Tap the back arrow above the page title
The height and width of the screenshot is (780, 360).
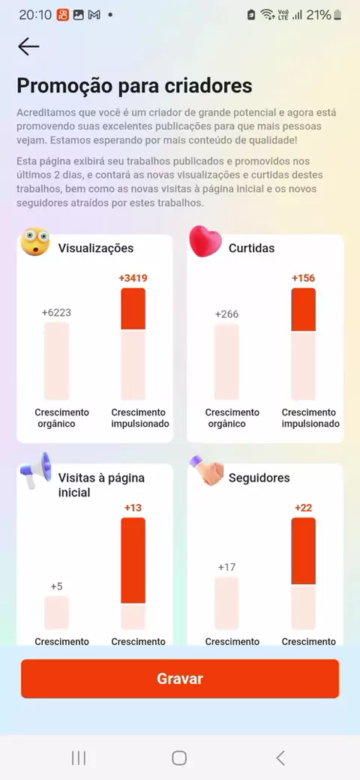pyautogui.click(x=28, y=46)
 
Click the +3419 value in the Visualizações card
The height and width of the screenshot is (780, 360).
pyautogui.click(x=133, y=278)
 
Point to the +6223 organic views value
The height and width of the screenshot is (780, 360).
pyautogui.click(x=56, y=313)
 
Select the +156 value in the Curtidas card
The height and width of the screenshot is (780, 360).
pyautogui.click(x=303, y=278)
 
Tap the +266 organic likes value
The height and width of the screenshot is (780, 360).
pyautogui.click(x=226, y=314)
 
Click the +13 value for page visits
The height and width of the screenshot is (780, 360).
pyautogui.click(x=133, y=508)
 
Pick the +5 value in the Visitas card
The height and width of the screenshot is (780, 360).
pyautogui.click(x=57, y=586)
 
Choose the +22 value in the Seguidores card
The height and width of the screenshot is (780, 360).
pyautogui.click(x=303, y=508)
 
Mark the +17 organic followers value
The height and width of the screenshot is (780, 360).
pyautogui.click(x=226, y=567)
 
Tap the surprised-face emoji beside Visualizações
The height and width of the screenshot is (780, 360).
pyautogui.click(x=34, y=241)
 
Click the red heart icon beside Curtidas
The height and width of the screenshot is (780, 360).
pyautogui.click(x=205, y=241)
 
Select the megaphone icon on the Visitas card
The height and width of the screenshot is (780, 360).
pyautogui.click(x=36, y=470)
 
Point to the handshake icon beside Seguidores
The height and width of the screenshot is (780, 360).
pyautogui.click(x=206, y=470)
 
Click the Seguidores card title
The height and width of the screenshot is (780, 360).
pyautogui.click(x=259, y=478)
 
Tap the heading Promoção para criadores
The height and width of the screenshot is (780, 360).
pyautogui.click(x=135, y=85)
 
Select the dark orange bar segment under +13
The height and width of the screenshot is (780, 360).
pyautogui.click(x=133, y=560)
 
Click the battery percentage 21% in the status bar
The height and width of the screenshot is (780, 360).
pyautogui.click(x=319, y=15)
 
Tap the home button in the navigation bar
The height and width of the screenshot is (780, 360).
pyautogui.click(x=179, y=758)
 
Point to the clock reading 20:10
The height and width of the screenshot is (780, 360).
pyautogui.click(x=35, y=15)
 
